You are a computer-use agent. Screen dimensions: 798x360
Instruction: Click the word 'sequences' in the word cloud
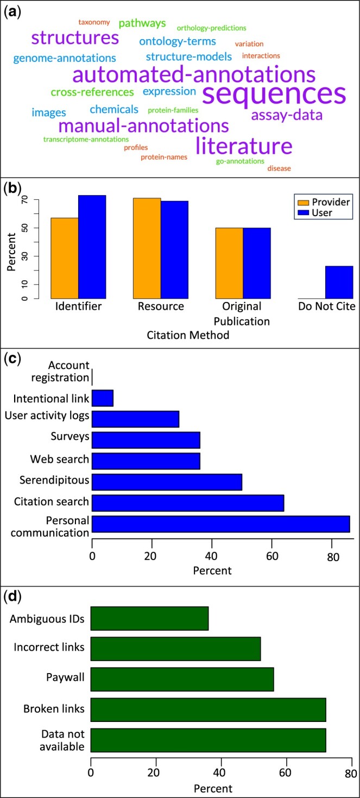[x=274, y=93]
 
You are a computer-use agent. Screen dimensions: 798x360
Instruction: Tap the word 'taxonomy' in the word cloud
[x=94, y=22]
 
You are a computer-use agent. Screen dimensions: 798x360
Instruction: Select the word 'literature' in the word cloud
[x=244, y=146]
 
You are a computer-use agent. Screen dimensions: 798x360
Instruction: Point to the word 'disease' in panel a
[x=279, y=168]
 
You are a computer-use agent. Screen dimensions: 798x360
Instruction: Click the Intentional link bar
[x=103, y=398]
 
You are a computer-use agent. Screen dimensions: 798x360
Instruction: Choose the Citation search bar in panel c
[x=188, y=502]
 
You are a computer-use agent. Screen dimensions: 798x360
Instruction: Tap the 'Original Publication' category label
[x=243, y=314]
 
